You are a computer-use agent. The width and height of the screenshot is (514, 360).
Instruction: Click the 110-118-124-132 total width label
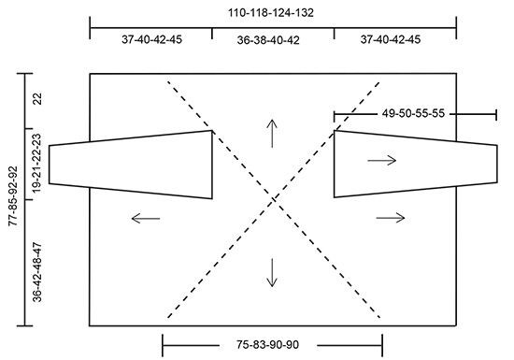point(271,13)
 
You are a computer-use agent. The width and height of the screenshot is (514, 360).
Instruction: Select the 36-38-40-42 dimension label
point(268,40)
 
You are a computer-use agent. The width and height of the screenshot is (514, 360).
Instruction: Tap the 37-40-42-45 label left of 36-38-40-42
point(151,39)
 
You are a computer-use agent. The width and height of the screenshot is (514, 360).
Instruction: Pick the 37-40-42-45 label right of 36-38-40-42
point(391,39)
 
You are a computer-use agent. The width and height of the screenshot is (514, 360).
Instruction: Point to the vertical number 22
point(37,99)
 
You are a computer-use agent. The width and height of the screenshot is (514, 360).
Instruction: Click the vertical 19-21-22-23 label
point(37,164)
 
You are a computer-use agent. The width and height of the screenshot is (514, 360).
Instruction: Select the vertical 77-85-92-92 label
point(13,196)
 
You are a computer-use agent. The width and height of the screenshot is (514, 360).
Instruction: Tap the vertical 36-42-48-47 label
point(37,272)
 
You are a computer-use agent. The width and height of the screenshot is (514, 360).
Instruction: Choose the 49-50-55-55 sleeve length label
point(413,113)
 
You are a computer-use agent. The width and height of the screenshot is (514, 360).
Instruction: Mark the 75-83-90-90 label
point(267,345)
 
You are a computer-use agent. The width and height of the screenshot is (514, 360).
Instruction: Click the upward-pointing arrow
point(272,134)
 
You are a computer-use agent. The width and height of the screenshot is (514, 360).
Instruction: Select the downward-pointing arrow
point(272,273)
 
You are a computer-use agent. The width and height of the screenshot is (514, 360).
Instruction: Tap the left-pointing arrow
point(146,219)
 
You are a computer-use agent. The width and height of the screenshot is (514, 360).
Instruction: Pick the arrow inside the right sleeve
point(382,160)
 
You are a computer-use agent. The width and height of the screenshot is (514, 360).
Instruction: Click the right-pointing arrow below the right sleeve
point(391,218)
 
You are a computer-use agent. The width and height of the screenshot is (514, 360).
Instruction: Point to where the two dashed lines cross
point(274,199)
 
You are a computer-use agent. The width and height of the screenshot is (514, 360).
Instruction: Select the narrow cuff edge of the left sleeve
point(50,165)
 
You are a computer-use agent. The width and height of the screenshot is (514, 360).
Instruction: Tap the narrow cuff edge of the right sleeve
point(497,164)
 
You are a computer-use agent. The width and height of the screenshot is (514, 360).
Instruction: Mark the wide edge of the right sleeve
point(334,164)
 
